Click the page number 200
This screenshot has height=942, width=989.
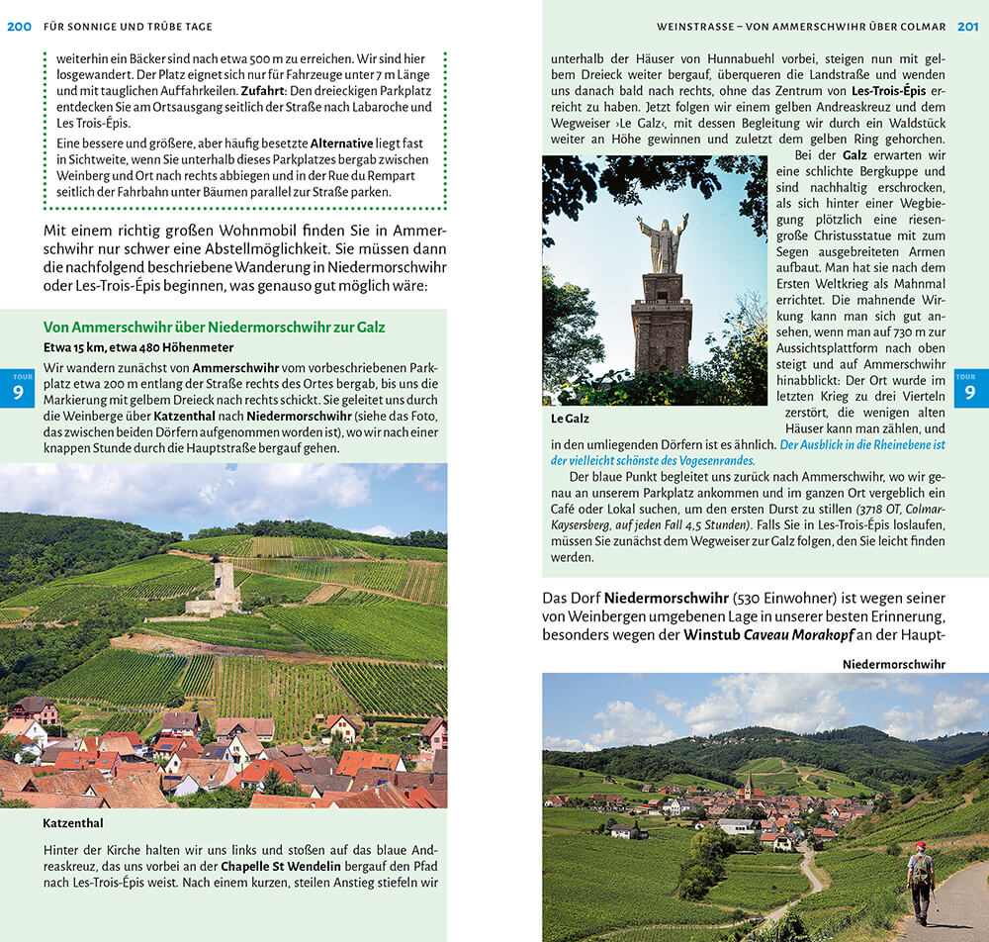[19, 27]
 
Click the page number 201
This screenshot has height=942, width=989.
[967, 27]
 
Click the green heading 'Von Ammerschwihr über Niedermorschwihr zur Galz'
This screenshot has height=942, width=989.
[215, 328]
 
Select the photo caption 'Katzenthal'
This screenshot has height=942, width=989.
[73, 822]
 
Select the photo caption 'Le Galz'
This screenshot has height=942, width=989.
[570, 419]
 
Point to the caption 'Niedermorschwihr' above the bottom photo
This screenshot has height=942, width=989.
[893, 664]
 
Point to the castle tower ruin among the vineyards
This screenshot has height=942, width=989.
[224, 584]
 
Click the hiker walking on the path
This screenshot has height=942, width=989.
[921, 882]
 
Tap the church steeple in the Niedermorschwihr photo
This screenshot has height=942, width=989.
[750, 786]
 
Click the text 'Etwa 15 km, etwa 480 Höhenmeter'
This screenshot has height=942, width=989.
[138, 347]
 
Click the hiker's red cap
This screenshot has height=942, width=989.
[919, 846]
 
